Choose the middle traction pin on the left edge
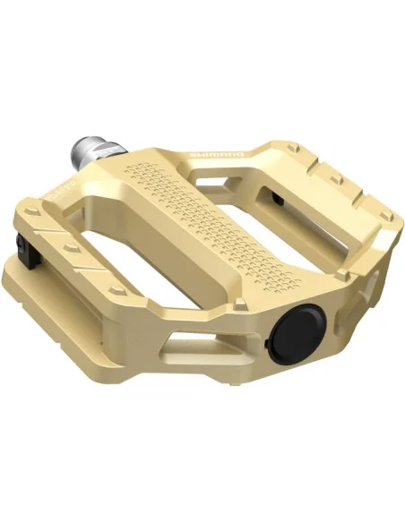click(66, 247)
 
